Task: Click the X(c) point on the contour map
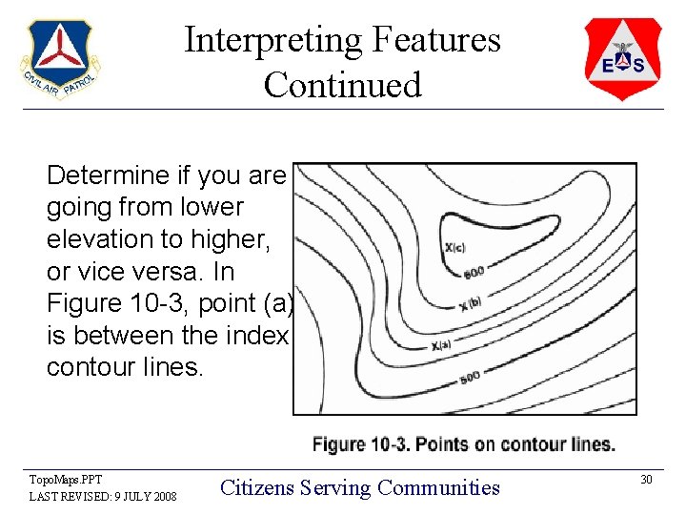click(454, 248)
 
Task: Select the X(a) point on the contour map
click(441, 345)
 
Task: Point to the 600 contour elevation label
click(474, 274)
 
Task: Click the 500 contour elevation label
click(470, 378)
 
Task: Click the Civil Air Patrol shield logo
click(59, 60)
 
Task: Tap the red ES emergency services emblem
click(622, 59)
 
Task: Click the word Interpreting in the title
click(273, 40)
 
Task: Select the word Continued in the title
click(342, 85)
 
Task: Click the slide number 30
click(645, 479)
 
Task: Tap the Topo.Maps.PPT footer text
click(66, 480)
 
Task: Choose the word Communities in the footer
click(438, 487)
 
